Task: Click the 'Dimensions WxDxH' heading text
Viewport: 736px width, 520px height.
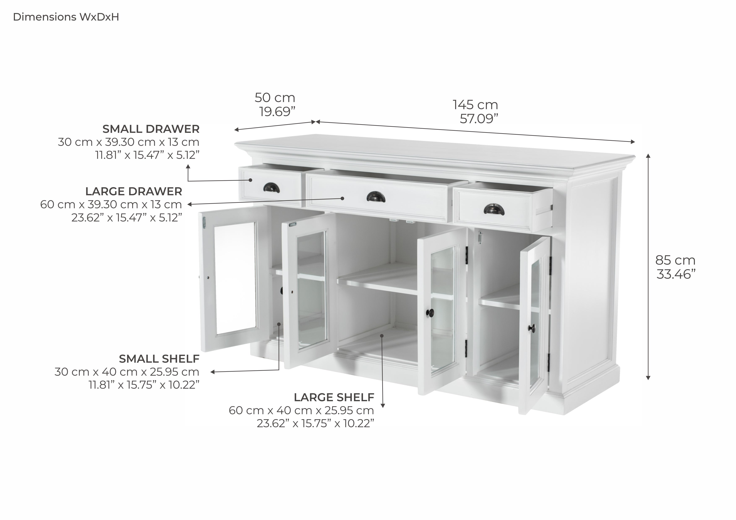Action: click(x=66, y=17)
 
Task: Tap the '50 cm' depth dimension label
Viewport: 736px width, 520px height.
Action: click(x=275, y=98)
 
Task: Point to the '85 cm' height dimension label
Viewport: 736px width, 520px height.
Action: click(x=675, y=260)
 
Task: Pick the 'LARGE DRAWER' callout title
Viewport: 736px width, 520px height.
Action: click(x=133, y=191)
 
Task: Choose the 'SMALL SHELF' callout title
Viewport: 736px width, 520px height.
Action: click(x=159, y=359)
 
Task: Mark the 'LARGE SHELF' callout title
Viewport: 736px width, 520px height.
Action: click(x=334, y=397)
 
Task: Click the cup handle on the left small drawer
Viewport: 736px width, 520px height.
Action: click(x=271, y=189)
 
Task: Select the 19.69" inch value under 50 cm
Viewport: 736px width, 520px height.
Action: click(x=277, y=112)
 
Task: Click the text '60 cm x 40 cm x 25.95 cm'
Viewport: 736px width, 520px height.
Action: click(x=301, y=410)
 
